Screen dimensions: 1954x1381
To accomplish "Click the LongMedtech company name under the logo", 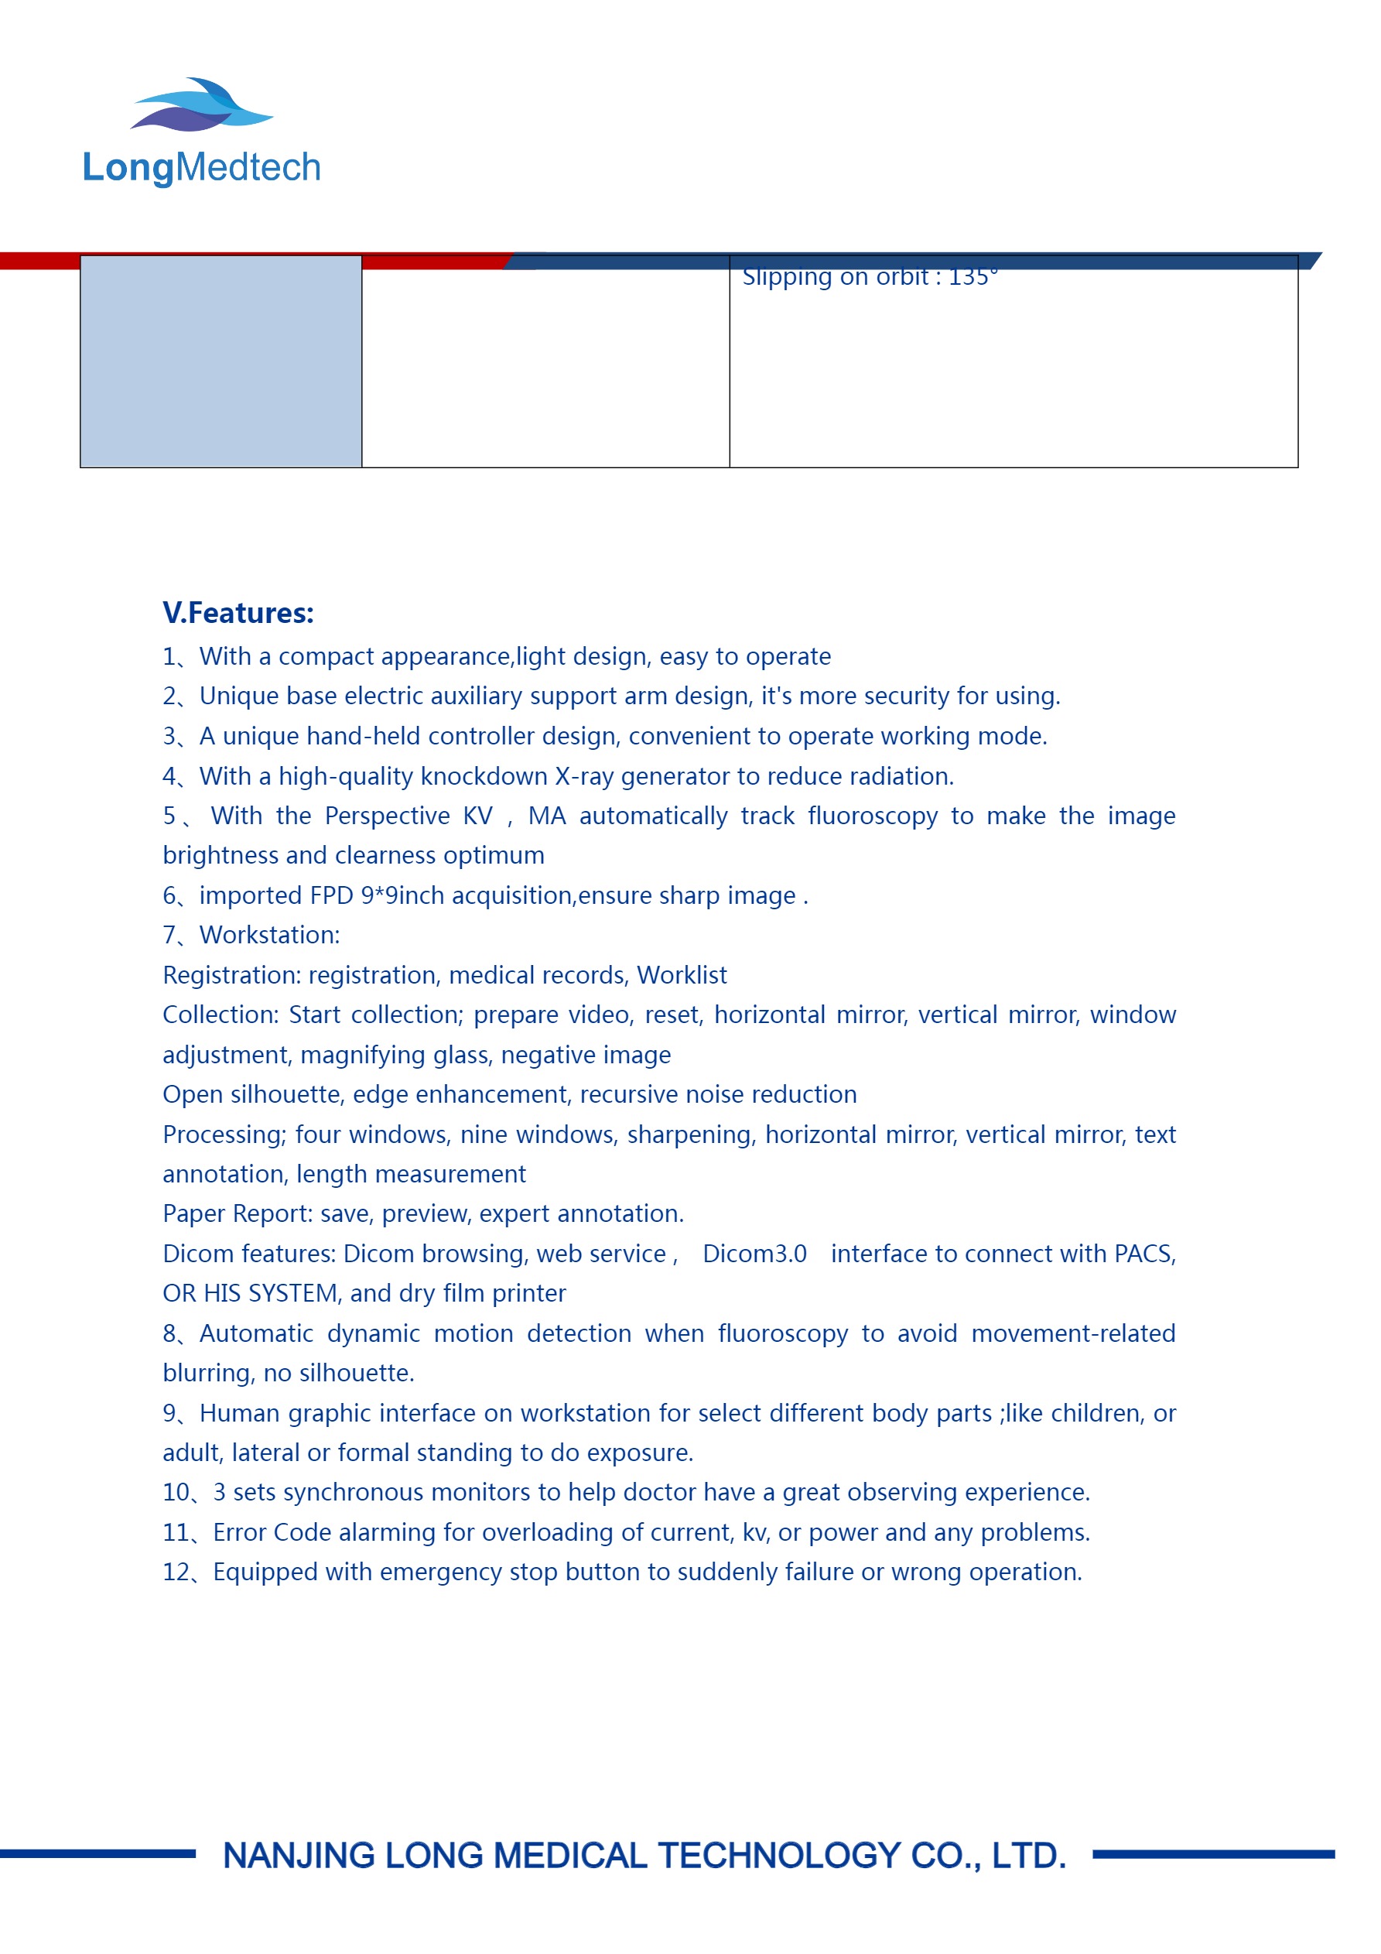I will [x=202, y=168].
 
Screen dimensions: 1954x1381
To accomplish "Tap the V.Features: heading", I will [x=238, y=613].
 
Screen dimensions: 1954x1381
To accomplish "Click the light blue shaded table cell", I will [x=220, y=361].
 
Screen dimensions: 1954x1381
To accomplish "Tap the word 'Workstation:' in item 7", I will [x=269, y=936].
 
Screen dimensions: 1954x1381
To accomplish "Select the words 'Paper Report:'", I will [x=238, y=1213].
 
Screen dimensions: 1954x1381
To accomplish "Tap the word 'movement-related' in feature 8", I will [x=1073, y=1333].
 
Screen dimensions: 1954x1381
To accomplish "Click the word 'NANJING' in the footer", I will [x=299, y=1856].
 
